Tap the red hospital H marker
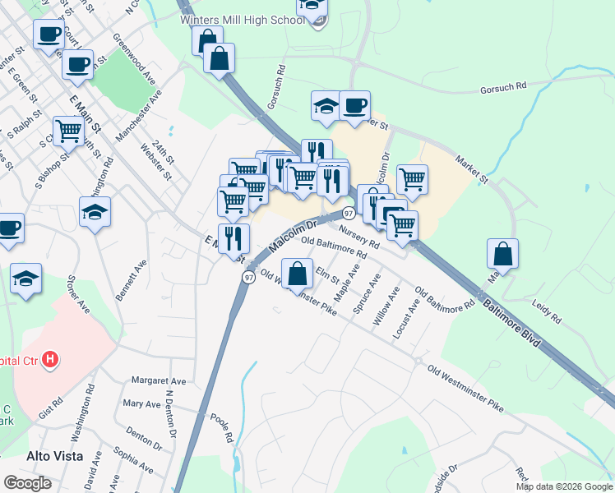[51, 359]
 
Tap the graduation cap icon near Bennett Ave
[95, 213]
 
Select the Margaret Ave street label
[159, 381]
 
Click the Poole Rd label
[223, 428]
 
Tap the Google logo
[27, 482]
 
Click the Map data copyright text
[564, 486]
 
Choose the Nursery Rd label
[358, 238]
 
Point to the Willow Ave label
[386, 306]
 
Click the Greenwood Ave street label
[135, 58]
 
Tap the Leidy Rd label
[546, 311]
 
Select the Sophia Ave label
[133, 462]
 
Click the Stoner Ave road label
[79, 293]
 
